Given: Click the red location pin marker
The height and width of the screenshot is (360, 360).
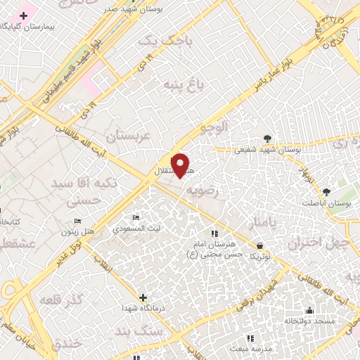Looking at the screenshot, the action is click(x=181, y=165).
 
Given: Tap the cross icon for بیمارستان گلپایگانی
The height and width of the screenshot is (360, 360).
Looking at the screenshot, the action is click(x=23, y=15).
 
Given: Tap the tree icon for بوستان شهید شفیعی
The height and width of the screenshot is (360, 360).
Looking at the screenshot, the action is click(x=267, y=138).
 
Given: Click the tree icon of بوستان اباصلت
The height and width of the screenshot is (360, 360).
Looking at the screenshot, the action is click(x=326, y=191).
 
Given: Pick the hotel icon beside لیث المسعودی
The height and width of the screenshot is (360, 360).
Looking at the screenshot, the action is click(x=136, y=218).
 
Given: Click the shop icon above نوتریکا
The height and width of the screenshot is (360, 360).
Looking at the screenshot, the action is click(x=260, y=246).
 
